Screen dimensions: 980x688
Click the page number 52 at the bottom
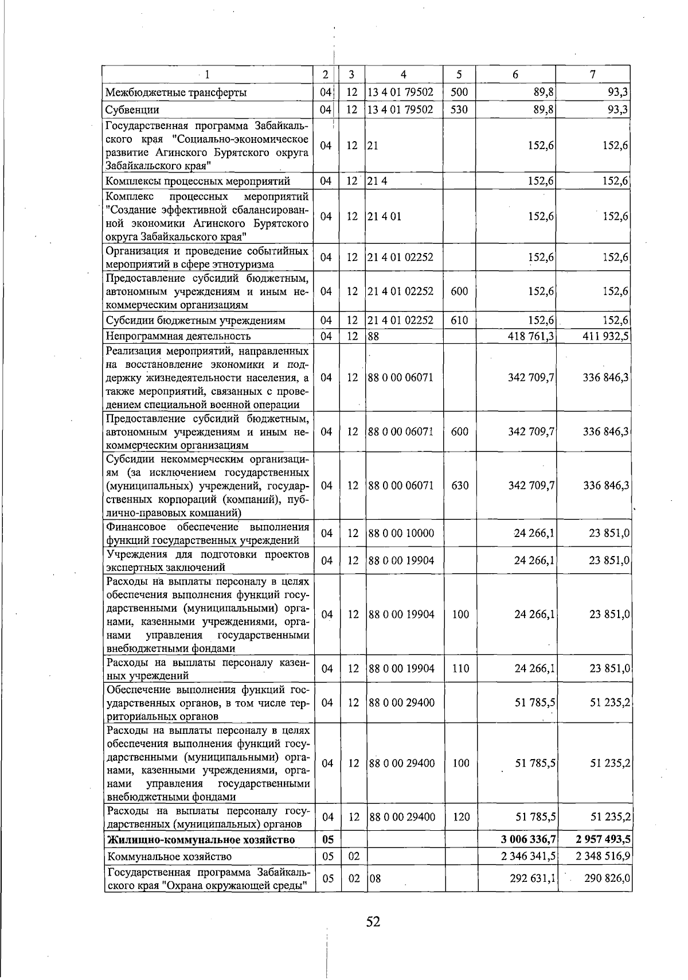pos(373,922)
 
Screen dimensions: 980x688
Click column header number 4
pos(404,74)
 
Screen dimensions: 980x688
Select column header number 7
pos(592,74)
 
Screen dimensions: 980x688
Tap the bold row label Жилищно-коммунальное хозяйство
pos(201,840)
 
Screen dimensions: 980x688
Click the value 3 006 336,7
pos(528,840)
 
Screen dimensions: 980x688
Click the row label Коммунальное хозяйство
pos(169,857)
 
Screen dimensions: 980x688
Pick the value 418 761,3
pos(531,336)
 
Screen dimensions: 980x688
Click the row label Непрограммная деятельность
pos(178,336)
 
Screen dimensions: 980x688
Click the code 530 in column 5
pos(459,110)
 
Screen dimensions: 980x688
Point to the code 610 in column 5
pos(459,321)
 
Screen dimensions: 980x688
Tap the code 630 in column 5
pos(459,485)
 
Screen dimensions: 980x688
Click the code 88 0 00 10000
pos(401,533)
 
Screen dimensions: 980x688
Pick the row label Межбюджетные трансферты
pos(176,92)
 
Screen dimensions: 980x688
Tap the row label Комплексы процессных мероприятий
pos(197,181)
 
